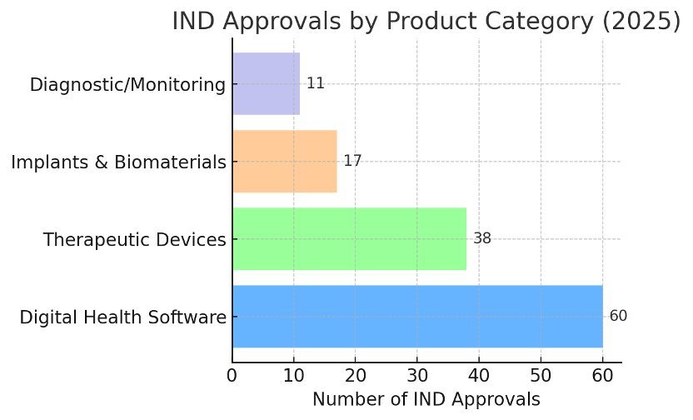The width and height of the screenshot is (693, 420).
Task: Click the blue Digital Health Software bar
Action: coord(417,316)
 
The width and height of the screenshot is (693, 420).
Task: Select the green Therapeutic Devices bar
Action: coord(349,238)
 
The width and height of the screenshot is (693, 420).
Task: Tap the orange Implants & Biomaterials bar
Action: coord(284,161)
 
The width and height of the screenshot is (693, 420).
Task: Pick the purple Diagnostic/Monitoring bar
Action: coord(266,83)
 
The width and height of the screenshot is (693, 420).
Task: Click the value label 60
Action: coord(618,316)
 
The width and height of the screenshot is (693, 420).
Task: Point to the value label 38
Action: coord(482,238)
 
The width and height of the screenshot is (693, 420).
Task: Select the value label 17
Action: coord(352,161)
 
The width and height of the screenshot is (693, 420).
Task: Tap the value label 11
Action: coord(315,83)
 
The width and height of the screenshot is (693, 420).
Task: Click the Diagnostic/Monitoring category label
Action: coord(127,85)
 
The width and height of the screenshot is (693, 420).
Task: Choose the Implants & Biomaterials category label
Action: coord(118,162)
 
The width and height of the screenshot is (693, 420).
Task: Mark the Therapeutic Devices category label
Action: coord(134,240)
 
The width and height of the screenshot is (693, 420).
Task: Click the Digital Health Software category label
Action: coord(122,317)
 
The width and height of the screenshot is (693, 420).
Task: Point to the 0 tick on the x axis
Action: coord(232,375)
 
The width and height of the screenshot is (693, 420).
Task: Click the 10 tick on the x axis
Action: coord(294,375)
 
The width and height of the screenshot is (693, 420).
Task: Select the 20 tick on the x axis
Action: coord(356,375)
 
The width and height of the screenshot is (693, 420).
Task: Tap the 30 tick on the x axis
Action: coord(417,375)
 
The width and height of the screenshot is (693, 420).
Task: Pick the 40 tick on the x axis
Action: coord(479,375)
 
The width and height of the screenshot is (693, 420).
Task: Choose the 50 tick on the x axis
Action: coord(541,375)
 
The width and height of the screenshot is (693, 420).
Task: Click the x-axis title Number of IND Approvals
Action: coord(426,400)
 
